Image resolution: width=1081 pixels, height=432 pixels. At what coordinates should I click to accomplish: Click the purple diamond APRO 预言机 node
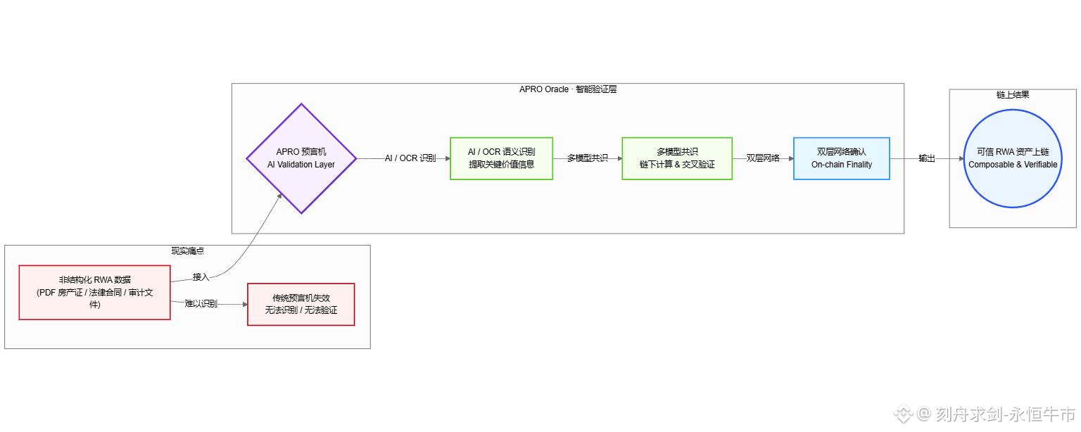(x=301, y=158)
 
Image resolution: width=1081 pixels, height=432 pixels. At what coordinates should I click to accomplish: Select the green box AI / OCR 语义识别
(x=501, y=158)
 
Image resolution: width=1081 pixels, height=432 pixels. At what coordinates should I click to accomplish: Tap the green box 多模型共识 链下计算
(x=677, y=158)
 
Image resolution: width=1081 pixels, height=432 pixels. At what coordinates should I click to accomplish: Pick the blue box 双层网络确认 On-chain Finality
(x=841, y=158)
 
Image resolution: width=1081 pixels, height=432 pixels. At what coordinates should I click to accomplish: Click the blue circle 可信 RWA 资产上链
(x=1013, y=158)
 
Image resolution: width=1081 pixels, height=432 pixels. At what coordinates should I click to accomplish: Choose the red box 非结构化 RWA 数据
(x=94, y=292)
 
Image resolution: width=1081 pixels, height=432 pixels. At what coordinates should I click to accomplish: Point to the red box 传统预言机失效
(x=301, y=304)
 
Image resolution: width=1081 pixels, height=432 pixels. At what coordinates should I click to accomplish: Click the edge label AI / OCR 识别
(x=410, y=158)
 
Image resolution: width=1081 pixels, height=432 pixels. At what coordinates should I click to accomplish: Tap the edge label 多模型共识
(x=588, y=158)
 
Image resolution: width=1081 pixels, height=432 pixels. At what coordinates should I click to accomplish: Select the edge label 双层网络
(x=763, y=158)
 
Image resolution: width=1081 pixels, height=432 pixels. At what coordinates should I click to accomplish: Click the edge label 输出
(x=927, y=158)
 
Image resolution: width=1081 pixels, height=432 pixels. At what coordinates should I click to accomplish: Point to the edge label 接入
(x=201, y=277)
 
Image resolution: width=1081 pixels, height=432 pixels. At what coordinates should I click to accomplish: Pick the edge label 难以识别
(x=201, y=304)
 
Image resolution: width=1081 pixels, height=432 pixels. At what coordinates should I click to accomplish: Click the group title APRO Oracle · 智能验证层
(x=567, y=89)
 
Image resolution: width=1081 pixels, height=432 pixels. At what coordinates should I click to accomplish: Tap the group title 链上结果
(x=1013, y=95)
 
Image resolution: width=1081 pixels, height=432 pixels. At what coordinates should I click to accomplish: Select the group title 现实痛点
(x=187, y=251)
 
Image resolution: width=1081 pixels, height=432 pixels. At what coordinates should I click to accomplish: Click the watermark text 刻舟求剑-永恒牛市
(x=1006, y=414)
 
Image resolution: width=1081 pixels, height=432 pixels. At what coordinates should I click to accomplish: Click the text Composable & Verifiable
(x=1013, y=165)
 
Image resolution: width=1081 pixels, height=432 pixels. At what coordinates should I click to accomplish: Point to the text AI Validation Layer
(x=301, y=165)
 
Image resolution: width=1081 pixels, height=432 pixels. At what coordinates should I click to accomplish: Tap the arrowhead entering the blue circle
(x=961, y=158)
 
